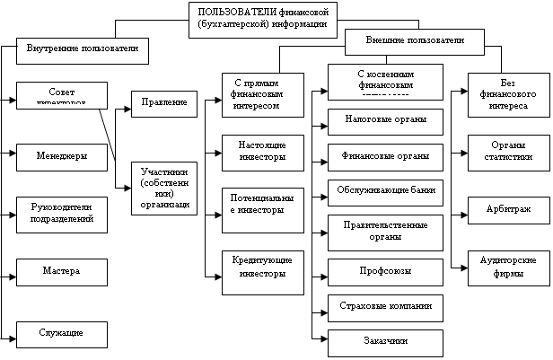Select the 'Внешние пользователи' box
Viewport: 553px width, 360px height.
click(415, 40)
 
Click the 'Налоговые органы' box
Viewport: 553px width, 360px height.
click(384, 119)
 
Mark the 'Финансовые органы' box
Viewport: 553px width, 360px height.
click(384, 155)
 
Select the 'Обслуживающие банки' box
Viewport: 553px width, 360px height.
click(384, 191)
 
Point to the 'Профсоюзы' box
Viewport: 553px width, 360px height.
click(384, 269)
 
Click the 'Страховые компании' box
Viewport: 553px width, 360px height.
click(384, 306)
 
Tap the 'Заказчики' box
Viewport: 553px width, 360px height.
click(384, 342)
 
